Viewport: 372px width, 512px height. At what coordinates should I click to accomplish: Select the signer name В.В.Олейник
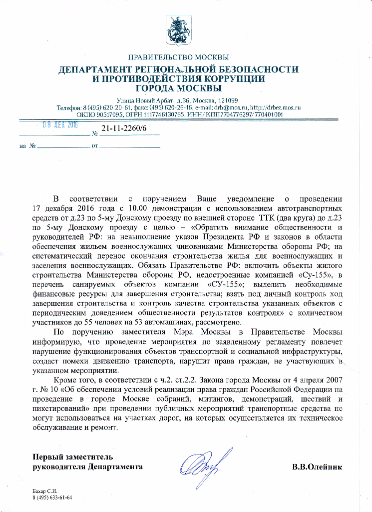tap(317, 467)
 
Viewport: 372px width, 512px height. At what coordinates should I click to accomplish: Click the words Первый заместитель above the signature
tap(72, 457)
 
